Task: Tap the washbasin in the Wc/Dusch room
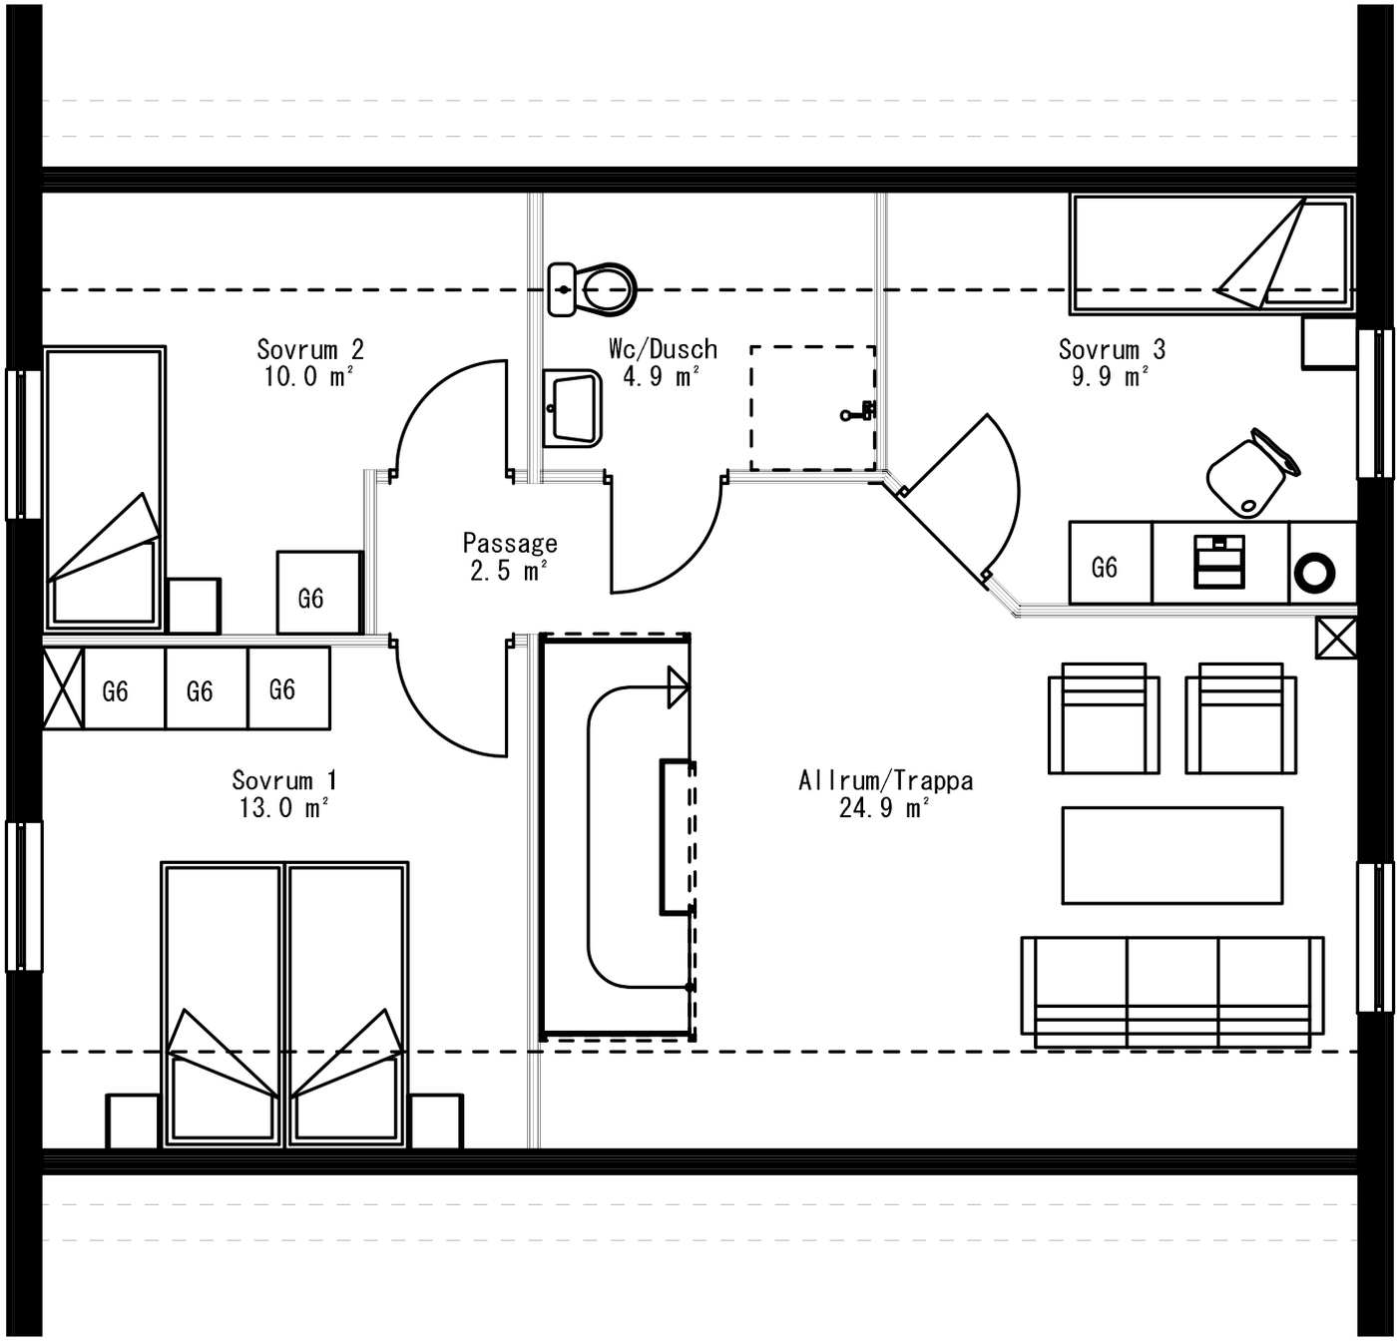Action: point(573,408)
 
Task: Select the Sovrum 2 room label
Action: point(310,349)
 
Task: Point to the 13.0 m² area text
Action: point(283,808)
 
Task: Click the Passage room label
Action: point(509,543)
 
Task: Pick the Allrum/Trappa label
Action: point(885,780)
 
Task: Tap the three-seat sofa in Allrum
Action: point(1172,990)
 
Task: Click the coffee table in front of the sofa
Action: point(1171,855)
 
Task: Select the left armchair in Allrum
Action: point(1104,718)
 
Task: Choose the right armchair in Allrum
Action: point(1240,718)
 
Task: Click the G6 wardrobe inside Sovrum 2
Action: point(318,594)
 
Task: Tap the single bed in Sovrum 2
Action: point(104,489)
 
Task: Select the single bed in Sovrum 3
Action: point(1211,253)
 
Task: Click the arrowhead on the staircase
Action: point(678,687)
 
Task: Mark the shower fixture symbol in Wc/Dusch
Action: point(859,411)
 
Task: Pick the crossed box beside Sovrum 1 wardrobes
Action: point(63,688)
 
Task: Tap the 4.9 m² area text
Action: point(661,376)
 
